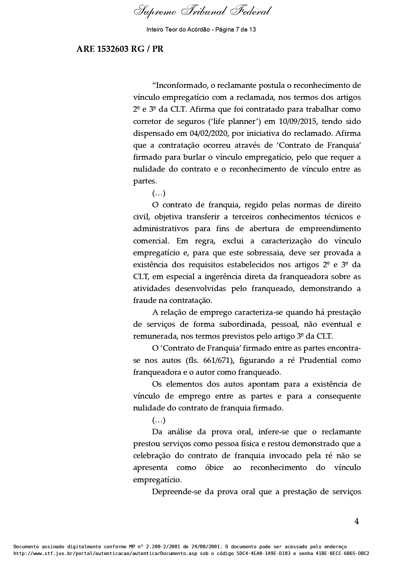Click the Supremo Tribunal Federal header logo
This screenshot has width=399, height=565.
[x=202, y=12]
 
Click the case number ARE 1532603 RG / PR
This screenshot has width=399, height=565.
[x=120, y=49]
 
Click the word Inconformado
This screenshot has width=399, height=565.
[x=181, y=86]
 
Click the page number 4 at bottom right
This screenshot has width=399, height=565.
[x=357, y=522]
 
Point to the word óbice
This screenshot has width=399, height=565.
[x=214, y=467]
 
